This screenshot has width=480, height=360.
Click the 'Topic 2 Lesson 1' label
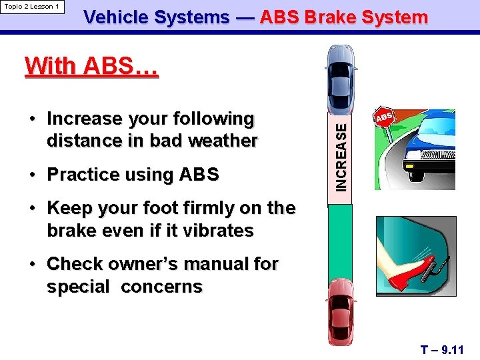[32, 7]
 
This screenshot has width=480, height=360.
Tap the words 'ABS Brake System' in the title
[343, 18]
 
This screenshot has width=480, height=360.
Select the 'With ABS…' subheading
[91, 67]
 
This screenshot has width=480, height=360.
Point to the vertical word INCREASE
[341, 156]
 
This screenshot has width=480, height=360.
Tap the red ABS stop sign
[385, 117]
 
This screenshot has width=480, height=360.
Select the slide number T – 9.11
[442, 349]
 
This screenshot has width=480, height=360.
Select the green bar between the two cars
[341, 240]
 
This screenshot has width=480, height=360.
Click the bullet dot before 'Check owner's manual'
[34, 265]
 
